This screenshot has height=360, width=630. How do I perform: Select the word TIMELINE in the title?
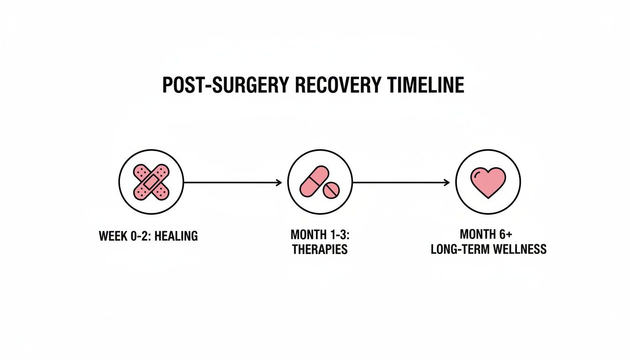click(x=426, y=85)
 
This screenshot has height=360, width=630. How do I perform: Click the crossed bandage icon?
click(x=151, y=182)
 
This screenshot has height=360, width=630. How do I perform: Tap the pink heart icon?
click(x=488, y=182)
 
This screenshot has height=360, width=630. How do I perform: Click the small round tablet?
click(x=331, y=190)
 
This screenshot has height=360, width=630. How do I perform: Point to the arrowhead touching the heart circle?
click(x=447, y=182)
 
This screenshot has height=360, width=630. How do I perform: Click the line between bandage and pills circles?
click(x=230, y=182)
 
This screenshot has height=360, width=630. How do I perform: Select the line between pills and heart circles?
click(x=398, y=182)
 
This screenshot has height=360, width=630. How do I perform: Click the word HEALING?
click(x=176, y=236)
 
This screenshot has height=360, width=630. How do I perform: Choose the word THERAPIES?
click(x=320, y=249)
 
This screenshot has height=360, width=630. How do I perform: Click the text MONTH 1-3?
click(x=320, y=234)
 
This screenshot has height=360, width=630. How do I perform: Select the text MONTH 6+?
click(x=488, y=234)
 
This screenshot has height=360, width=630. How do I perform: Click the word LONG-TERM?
click(x=459, y=249)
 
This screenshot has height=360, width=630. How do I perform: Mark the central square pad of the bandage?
click(x=151, y=182)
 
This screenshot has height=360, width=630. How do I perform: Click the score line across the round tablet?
click(x=331, y=190)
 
